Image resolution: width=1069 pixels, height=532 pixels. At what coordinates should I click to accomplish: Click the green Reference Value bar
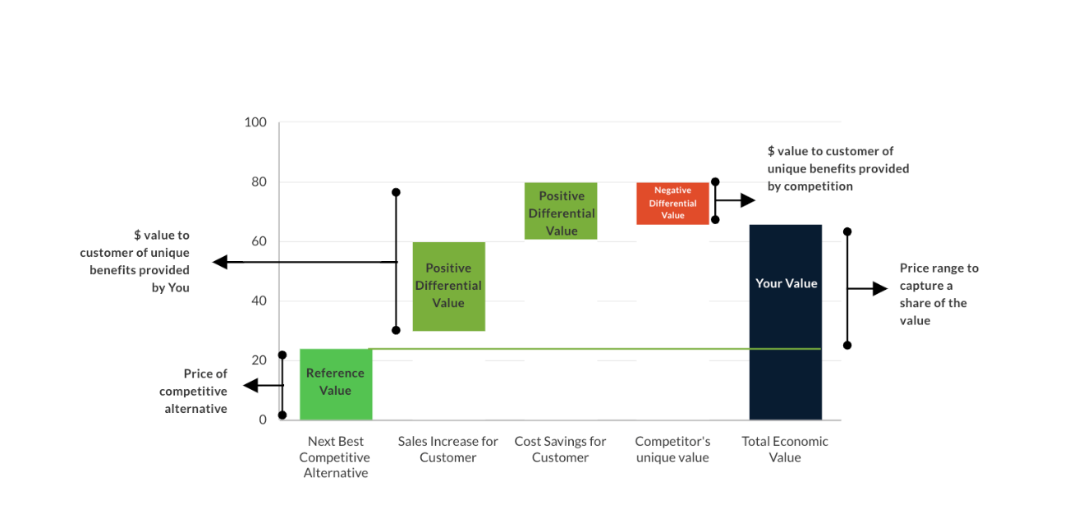tap(335, 383)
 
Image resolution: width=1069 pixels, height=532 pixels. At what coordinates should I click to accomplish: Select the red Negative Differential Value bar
tap(672, 203)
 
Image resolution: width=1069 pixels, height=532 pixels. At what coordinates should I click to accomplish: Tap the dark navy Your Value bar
tap(786, 322)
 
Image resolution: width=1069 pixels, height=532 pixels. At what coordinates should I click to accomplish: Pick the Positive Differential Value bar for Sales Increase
tap(448, 286)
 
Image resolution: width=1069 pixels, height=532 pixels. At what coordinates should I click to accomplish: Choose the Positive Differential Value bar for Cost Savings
tap(561, 211)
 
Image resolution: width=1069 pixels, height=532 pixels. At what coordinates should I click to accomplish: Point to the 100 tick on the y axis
tap(255, 122)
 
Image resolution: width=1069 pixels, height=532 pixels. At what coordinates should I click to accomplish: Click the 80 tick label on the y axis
tap(258, 181)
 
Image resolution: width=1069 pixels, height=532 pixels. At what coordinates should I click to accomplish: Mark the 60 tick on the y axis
tap(258, 241)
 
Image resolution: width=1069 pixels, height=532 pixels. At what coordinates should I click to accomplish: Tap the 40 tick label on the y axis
tap(258, 300)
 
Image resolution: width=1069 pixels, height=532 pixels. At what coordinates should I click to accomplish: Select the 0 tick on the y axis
tap(263, 420)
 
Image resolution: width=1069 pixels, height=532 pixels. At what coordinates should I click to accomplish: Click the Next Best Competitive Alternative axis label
tap(335, 457)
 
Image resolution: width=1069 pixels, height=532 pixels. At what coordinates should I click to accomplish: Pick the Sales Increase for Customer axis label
tap(448, 449)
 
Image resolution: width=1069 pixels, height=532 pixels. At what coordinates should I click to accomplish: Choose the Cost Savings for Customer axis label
tap(561, 449)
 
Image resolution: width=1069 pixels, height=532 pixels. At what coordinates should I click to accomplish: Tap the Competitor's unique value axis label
tap(672, 449)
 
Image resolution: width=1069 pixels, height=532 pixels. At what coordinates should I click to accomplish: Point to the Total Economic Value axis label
tap(785, 449)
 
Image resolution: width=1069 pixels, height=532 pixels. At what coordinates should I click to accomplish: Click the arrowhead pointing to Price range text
tap(880, 289)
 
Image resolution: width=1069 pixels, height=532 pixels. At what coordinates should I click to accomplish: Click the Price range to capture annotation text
tap(938, 294)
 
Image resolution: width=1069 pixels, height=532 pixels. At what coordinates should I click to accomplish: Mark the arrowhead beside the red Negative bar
tap(747, 200)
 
